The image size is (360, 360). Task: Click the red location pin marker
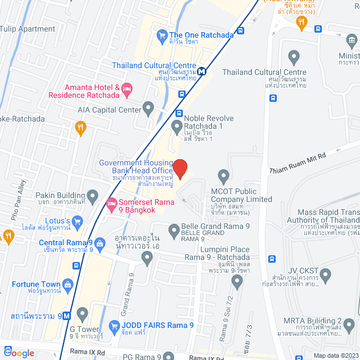click(x=179, y=168)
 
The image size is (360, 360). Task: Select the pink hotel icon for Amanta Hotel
click(x=127, y=88)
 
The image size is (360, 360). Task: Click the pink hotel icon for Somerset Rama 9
click(x=111, y=202)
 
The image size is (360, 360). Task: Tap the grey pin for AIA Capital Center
click(x=148, y=107)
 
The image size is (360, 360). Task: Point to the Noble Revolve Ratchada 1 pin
click(x=177, y=126)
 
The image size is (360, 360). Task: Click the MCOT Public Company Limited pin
click(x=224, y=175)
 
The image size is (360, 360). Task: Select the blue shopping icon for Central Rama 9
click(x=100, y=244)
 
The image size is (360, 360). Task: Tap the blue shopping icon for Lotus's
click(x=78, y=220)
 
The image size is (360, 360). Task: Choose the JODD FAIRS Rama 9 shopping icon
click(x=114, y=325)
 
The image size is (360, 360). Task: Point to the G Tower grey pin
click(x=83, y=313)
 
